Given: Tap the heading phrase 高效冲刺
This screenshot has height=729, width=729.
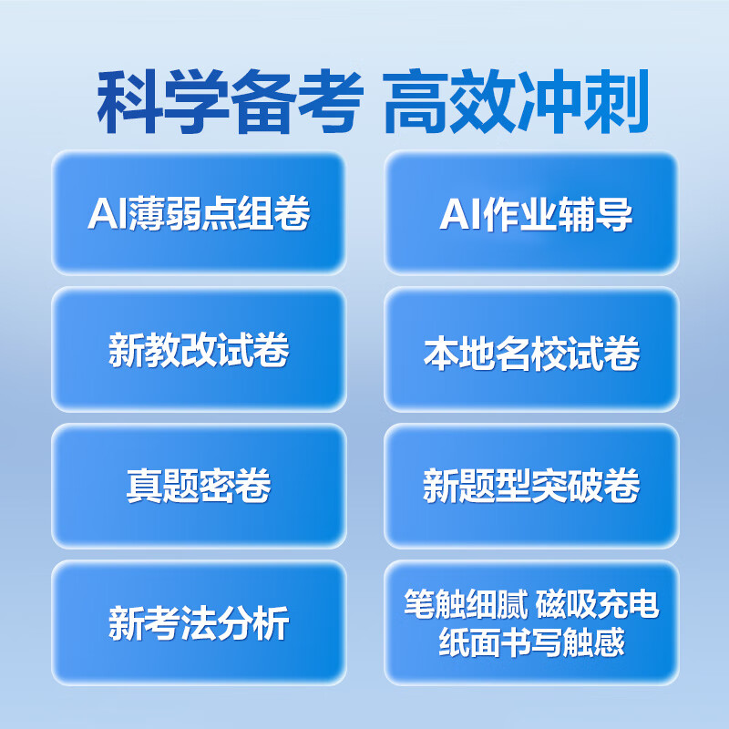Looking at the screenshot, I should [517, 104].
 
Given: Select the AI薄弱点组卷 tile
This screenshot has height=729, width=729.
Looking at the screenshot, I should [199, 213].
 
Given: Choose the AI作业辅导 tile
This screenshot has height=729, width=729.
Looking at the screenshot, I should [531, 213].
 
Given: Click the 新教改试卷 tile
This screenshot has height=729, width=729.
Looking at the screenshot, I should [199, 350].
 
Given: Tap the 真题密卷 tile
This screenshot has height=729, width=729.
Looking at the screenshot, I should [199, 487].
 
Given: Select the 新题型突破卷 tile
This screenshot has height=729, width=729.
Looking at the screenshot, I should [531, 487].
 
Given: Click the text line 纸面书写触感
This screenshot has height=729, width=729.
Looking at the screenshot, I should [531, 642].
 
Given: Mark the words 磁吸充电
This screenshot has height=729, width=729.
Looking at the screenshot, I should [598, 605].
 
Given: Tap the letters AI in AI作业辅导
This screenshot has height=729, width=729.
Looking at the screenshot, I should [456, 214].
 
